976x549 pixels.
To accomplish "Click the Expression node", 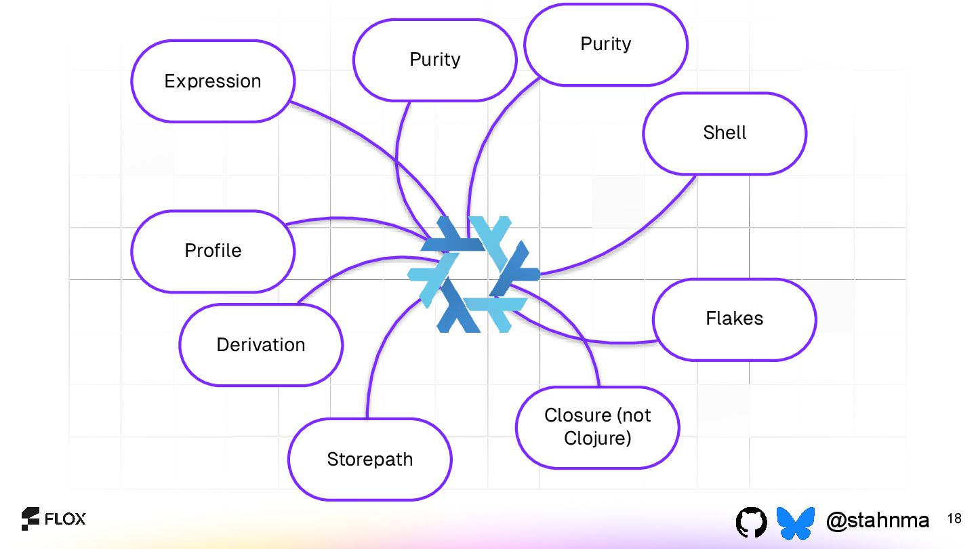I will (213, 81).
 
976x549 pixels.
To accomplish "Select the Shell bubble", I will (725, 133).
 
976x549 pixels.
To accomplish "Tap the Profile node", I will (213, 251).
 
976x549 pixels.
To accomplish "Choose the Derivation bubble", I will (261, 345).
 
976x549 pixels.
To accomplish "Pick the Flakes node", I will (734, 319).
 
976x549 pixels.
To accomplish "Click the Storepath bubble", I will (369, 460).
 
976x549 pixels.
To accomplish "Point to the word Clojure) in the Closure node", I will (597, 439).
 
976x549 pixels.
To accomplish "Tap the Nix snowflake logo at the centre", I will (473, 274).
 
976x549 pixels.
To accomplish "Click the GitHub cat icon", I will (751, 521).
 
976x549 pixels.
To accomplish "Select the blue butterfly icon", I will (795, 521).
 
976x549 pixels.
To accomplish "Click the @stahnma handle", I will (878, 521).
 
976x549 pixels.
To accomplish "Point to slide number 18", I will (954, 519).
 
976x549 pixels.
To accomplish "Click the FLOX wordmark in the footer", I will (65, 520).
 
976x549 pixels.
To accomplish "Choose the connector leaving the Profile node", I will (339, 218).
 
